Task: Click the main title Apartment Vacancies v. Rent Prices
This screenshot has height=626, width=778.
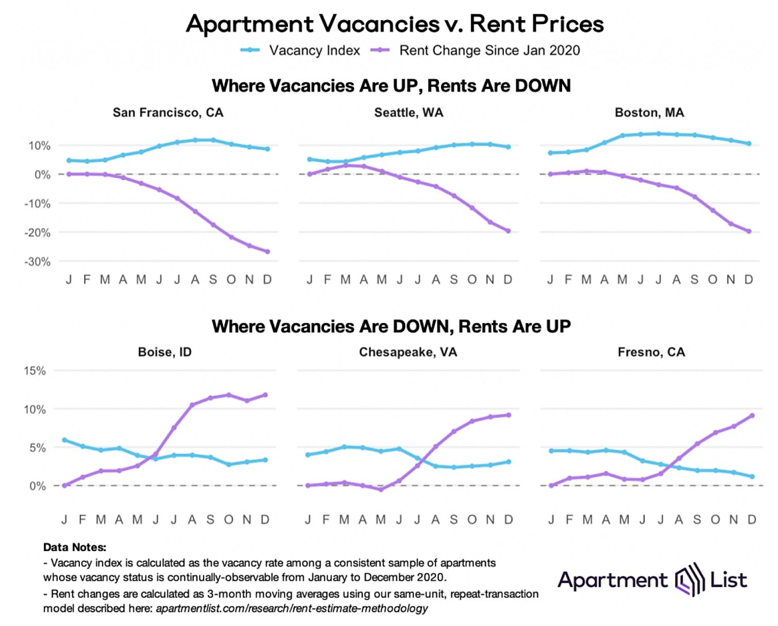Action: click(x=395, y=24)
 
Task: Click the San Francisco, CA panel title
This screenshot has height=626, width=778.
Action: click(x=168, y=113)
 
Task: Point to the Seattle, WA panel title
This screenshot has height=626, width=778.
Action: click(x=409, y=113)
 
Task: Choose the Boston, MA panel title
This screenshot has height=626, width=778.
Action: click(x=649, y=113)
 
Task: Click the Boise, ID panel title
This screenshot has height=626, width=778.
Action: click(x=165, y=352)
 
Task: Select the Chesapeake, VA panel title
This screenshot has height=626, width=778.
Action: click(x=408, y=352)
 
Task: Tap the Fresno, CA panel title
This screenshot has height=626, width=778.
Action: click(x=651, y=352)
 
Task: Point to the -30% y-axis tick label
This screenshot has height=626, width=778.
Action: click(x=38, y=262)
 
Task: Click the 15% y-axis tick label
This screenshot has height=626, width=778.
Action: click(x=35, y=371)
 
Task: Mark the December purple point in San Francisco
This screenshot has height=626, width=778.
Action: click(x=267, y=252)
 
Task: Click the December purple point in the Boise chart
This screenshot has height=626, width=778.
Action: click(x=265, y=395)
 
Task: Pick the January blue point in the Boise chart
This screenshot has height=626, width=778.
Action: click(x=64, y=440)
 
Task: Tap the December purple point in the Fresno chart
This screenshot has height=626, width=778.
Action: click(x=752, y=415)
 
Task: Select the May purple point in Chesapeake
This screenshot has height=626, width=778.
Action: click(x=381, y=490)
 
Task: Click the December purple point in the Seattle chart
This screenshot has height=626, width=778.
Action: click(x=509, y=231)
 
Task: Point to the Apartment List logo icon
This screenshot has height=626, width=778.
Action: click(x=689, y=580)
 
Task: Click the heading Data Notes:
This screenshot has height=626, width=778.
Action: click(x=75, y=547)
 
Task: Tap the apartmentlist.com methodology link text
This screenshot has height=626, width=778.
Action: click(x=292, y=608)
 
